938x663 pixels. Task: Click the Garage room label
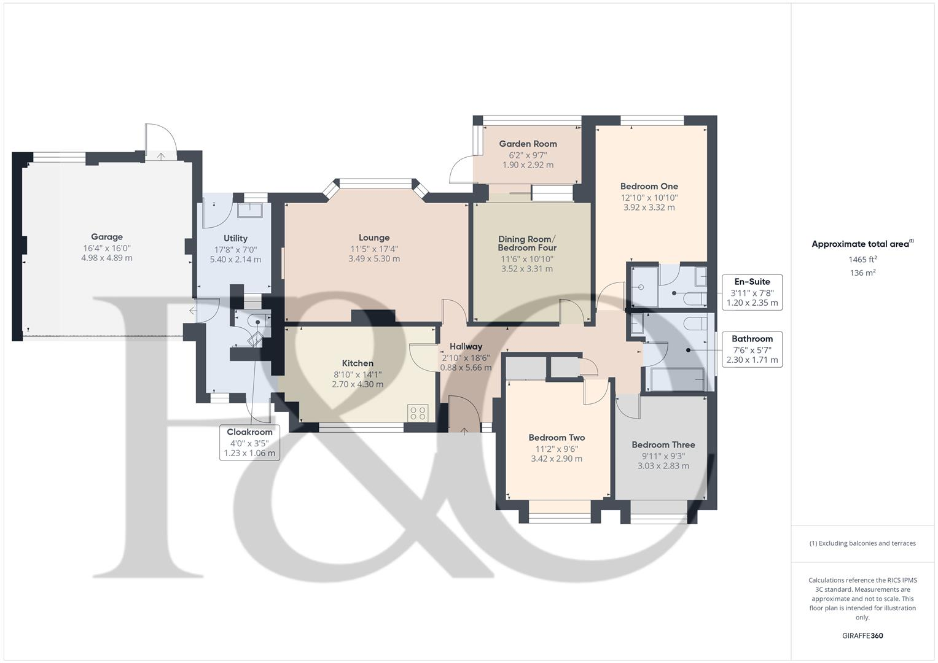pyautogui.click(x=107, y=237)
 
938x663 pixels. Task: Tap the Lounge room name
pyautogui.click(x=374, y=238)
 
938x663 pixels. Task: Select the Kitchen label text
pyautogui.click(x=358, y=363)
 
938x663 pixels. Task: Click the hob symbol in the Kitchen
pyautogui.click(x=418, y=413)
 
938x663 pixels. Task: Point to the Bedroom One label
pyautogui.click(x=649, y=186)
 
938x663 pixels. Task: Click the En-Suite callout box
pyautogui.click(x=752, y=292)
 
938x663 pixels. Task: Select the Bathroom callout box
pyautogui.click(x=752, y=349)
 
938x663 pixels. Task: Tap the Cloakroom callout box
pyautogui.click(x=249, y=443)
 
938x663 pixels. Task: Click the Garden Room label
pyautogui.click(x=528, y=144)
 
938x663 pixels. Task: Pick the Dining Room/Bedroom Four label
pyautogui.click(x=527, y=243)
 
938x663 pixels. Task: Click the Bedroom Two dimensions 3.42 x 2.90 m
pyautogui.click(x=557, y=459)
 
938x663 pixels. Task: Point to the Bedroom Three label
pyautogui.click(x=663, y=444)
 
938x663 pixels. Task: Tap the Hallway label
pyautogui.click(x=466, y=346)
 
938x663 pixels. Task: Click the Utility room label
pyautogui.click(x=235, y=238)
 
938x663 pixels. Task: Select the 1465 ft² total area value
pyautogui.click(x=862, y=260)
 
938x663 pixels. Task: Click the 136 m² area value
pyautogui.click(x=862, y=273)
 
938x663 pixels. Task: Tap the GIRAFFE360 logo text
pyautogui.click(x=862, y=635)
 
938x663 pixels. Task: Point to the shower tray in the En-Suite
pyautogui.click(x=641, y=287)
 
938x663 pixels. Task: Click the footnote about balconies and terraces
pyautogui.click(x=862, y=543)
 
